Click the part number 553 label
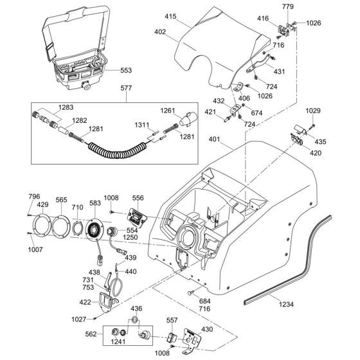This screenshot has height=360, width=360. point(126,70)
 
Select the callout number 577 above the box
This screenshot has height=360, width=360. point(126,88)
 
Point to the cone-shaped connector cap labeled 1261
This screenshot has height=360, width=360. point(188,120)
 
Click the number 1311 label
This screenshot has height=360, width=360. point(142,125)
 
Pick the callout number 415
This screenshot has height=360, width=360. point(170,17)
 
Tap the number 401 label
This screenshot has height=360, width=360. point(214,139)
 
